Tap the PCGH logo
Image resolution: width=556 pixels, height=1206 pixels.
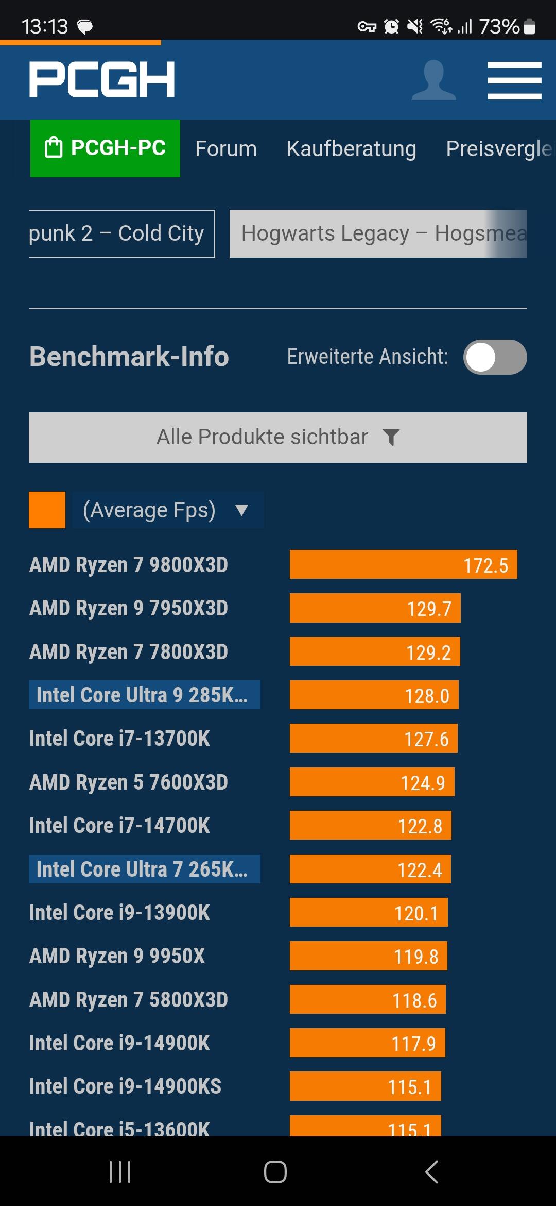pos(102,79)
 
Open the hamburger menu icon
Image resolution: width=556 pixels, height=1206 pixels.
pos(514,80)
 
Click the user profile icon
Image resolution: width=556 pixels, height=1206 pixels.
pos(433,80)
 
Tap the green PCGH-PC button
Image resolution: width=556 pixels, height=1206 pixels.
pos(105,148)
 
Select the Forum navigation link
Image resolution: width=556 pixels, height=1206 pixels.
pos(225,149)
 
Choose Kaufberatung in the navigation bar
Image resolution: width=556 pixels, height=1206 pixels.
pos(351,149)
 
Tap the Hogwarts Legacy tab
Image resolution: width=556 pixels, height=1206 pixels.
pos(378,233)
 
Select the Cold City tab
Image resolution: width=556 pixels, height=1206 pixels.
pos(121,233)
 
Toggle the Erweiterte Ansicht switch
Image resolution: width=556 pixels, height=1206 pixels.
pos(495,357)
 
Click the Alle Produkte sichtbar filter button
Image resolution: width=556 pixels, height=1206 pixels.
pos(278,437)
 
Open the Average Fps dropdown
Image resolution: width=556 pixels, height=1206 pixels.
pos(168,510)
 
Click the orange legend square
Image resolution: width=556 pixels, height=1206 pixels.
pos(47,510)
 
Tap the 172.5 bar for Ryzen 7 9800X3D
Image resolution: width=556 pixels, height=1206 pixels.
pos(403,565)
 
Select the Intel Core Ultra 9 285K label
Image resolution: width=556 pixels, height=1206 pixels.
pos(144,695)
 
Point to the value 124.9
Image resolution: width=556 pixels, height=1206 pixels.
pos(423,783)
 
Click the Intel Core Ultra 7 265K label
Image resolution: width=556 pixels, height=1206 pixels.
pos(144,869)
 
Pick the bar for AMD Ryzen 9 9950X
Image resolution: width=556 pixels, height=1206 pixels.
pos(368,957)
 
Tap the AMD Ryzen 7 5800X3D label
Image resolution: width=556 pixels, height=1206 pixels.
pos(129,1000)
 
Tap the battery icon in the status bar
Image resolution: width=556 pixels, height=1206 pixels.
pos(529,26)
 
